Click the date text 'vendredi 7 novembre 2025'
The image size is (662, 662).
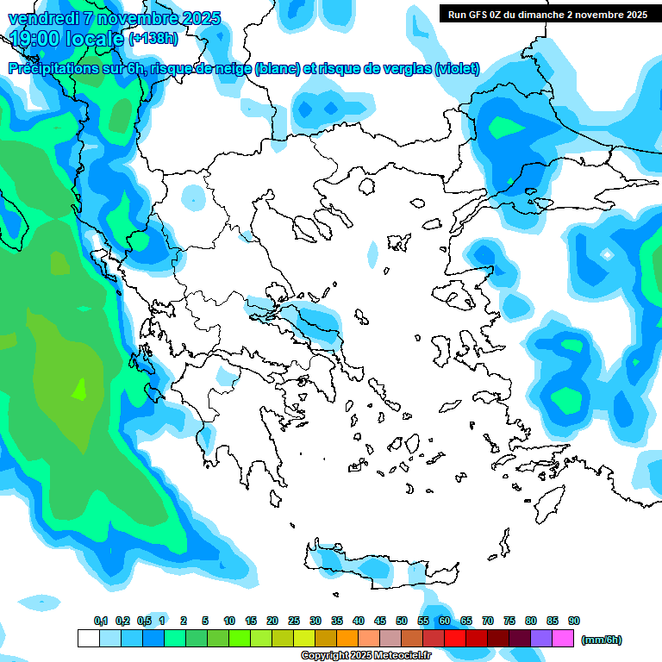pyautogui.click(x=114, y=18)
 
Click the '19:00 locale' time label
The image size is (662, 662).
pyautogui.click(x=66, y=38)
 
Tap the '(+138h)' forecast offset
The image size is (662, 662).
pyautogui.click(x=154, y=39)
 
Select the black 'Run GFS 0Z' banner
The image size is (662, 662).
pyautogui.click(x=547, y=14)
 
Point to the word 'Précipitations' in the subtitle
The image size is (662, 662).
pyautogui.click(x=51, y=69)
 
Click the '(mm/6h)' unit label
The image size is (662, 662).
pyautogui.click(x=602, y=640)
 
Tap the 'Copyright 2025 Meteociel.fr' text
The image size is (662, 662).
pyautogui.click(x=365, y=655)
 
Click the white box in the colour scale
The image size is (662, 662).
pyautogui.click(x=89, y=639)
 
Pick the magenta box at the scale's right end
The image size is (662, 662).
pyautogui.click(x=563, y=639)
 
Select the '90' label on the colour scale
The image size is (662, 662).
pyautogui.click(x=574, y=621)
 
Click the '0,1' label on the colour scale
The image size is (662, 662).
pyautogui.click(x=100, y=621)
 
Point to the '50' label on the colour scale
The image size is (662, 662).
pyautogui.click(x=402, y=621)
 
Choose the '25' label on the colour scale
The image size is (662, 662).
pyautogui.click(x=294, y=621)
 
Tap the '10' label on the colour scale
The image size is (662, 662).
pyautogui.click(x=229, y=621)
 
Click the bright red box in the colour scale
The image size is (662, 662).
pyautogui.click(x=455, y=639)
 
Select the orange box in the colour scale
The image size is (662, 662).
pyautogui.click(x=347, y=639)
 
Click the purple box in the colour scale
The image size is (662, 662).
pyautogui.click(x=541, y=639)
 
